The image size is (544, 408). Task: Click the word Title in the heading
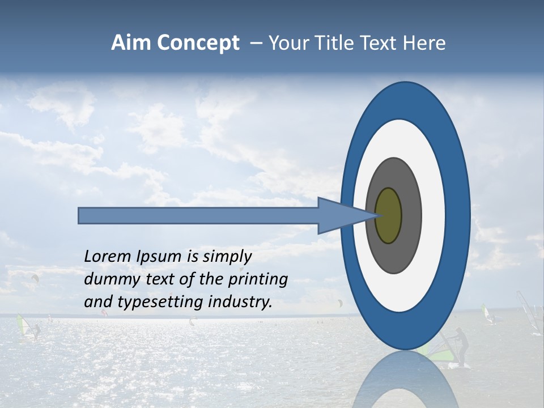click(x=334, y=43)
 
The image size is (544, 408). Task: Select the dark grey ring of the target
click(x=411, y=215)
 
